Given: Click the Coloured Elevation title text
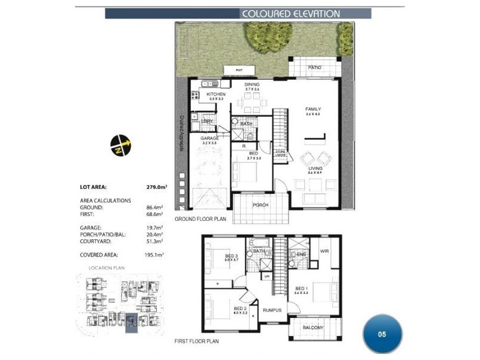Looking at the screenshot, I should [290, 14].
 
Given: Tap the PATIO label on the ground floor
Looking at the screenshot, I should [315, 68].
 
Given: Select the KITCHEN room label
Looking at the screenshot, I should [215, 95].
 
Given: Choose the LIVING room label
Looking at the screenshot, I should [315, 169].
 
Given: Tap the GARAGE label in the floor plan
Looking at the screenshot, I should [209, 138].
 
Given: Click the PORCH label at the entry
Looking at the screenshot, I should [260, 205].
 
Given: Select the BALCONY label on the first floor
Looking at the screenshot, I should [312, 328].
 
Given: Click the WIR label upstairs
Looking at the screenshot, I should [325, 251].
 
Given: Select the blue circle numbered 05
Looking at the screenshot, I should [382, 334].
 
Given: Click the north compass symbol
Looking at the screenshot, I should [119, 146].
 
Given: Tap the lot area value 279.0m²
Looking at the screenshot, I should [156, 187].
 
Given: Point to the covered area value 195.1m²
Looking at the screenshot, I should [155, 254].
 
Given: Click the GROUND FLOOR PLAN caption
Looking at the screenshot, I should [200, 220].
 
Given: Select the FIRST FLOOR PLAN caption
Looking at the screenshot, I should [197, 341].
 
